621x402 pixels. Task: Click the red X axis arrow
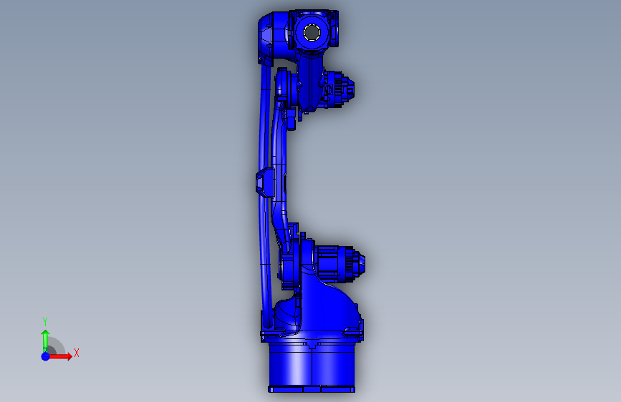coord(59,356)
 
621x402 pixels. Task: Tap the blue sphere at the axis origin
coord(46,356)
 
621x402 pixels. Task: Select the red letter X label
coord(77,353)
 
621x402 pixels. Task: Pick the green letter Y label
coord(45,321)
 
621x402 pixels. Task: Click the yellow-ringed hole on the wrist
coord(312,32)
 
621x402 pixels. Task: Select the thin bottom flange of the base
coord(312,389)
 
